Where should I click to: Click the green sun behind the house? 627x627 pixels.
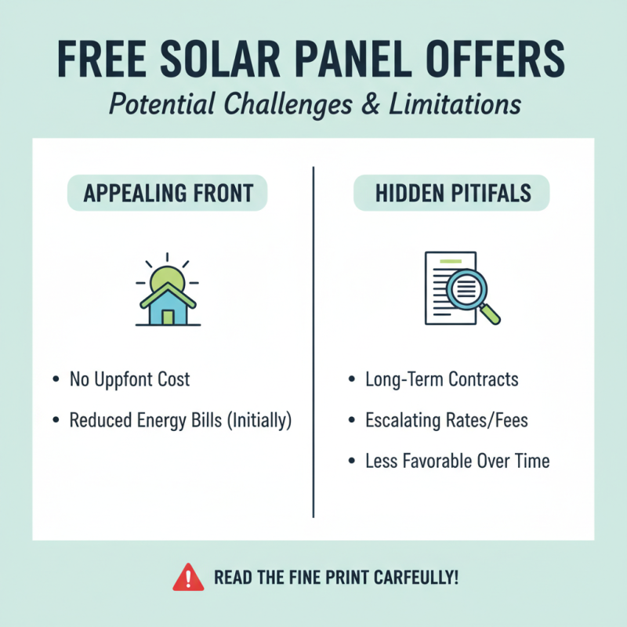166,277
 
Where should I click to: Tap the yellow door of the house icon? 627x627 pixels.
167,317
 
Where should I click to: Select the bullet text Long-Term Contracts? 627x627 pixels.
442,380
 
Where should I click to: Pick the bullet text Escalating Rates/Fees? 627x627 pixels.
447,421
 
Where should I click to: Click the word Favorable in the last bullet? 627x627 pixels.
436,461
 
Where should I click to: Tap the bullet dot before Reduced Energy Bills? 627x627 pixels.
56,421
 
